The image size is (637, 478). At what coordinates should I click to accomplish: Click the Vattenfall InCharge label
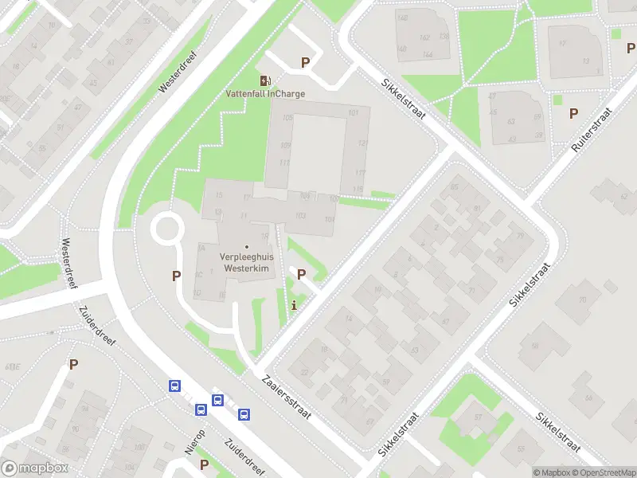[264, 93]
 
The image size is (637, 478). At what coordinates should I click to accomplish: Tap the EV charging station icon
[264, 80]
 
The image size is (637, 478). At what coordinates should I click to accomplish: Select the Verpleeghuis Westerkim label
[246, 263]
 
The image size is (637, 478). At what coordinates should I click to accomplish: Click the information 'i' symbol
[295, 304]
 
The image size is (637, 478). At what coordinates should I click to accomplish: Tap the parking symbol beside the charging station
[304, 62]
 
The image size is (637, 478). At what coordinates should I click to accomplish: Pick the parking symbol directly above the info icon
[301, 274]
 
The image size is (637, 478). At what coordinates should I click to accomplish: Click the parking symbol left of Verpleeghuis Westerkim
[176, 276]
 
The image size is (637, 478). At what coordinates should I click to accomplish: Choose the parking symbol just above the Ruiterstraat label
[573, 114]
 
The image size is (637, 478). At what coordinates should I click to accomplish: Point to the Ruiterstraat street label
[591, 130]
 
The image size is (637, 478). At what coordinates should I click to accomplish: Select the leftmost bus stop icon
[174, 386]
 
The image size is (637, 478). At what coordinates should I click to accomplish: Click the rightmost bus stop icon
[244, 414]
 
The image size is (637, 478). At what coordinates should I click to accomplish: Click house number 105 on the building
[287, 119]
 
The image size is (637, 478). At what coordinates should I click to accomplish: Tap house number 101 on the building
[354, 113]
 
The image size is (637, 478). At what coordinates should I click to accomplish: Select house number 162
[424, 37]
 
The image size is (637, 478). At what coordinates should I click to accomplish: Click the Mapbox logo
[35, 468]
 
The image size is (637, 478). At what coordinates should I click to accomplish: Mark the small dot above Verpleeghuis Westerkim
[246, 246]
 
